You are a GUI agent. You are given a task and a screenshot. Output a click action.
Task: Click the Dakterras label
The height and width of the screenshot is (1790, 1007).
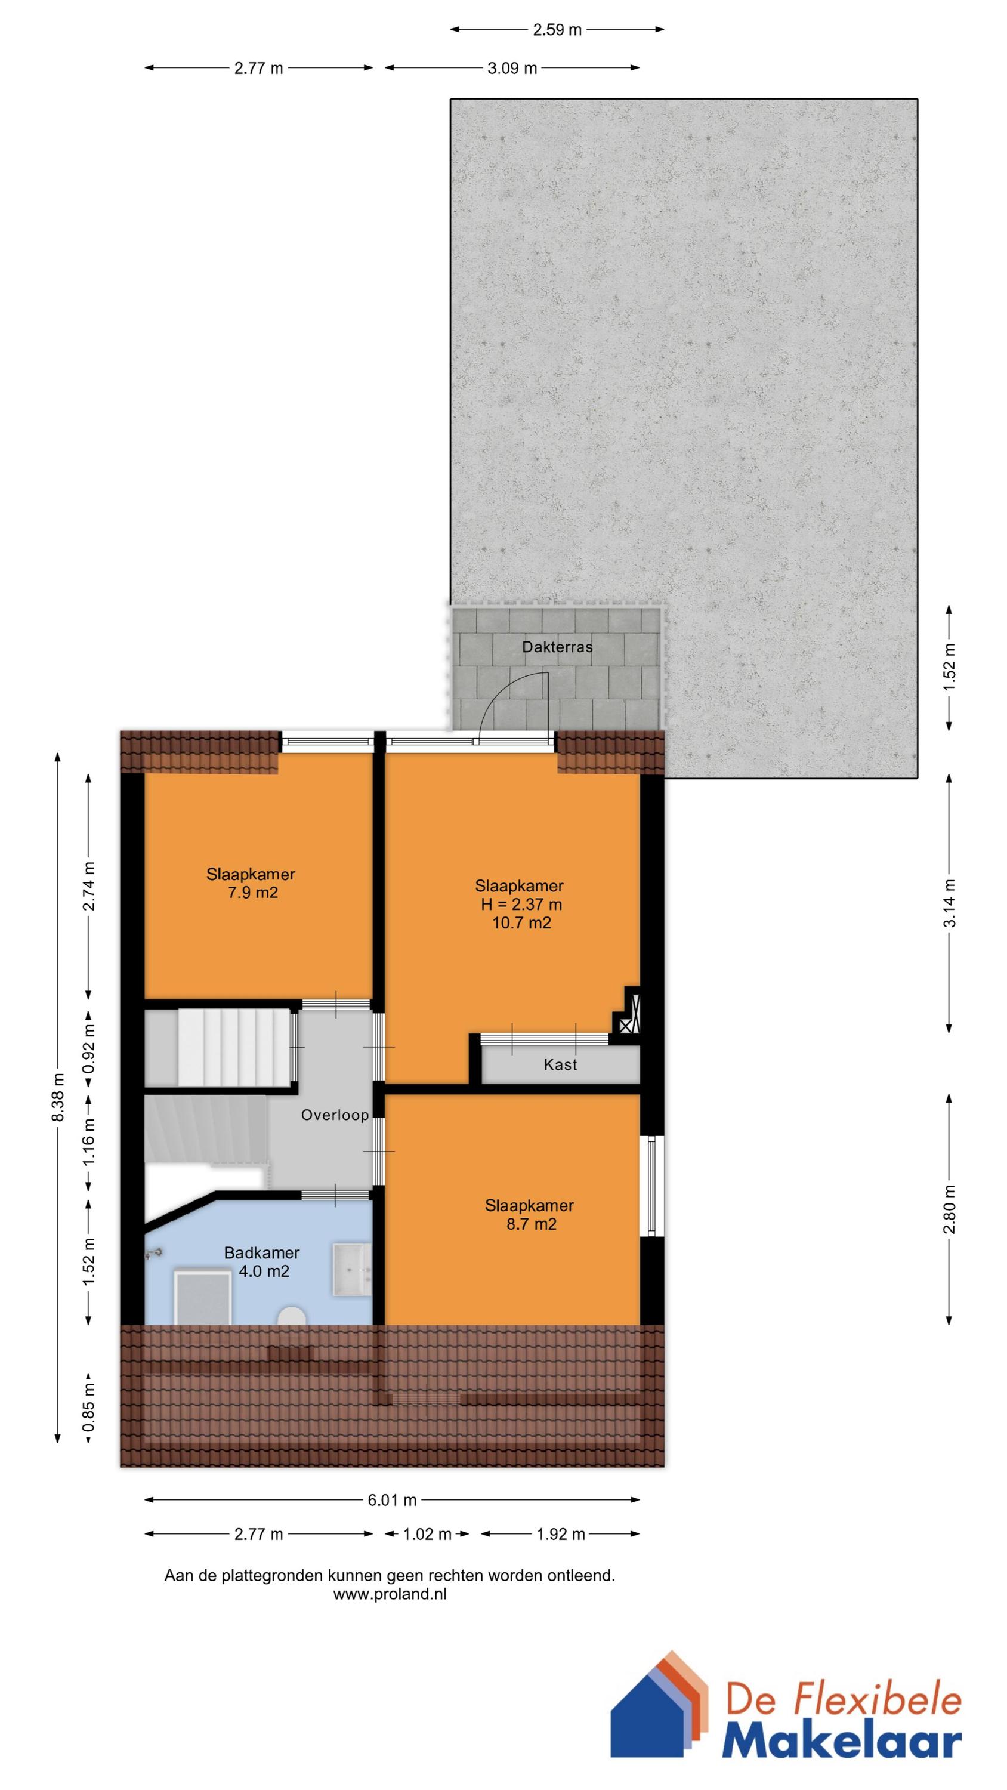pos(557,647)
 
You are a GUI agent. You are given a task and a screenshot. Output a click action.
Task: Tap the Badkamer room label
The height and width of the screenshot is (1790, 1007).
pos(261,1253)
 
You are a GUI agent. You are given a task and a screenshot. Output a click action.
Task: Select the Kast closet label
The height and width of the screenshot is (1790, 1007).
pos(560,1064)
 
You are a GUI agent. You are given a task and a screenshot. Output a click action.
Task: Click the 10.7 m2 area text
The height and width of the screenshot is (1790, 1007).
pos(521,923)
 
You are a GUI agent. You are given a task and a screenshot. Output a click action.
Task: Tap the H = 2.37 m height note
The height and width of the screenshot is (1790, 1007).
pos(521,904)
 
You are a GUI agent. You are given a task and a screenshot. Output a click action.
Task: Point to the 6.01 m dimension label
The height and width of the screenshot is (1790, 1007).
pos(392,1500)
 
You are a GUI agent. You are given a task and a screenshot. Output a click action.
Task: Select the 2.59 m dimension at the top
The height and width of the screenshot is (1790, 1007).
pos(557,30)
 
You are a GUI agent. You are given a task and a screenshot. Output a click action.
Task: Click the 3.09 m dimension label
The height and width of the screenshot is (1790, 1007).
pos(512,68)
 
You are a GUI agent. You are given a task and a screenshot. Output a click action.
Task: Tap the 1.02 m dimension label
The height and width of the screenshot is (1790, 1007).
pos(427,1534)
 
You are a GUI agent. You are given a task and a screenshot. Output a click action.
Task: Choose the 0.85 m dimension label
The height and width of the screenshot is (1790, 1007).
pos(89,1409)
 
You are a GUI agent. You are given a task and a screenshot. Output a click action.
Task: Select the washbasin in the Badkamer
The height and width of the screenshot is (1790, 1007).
pos(353,1269)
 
